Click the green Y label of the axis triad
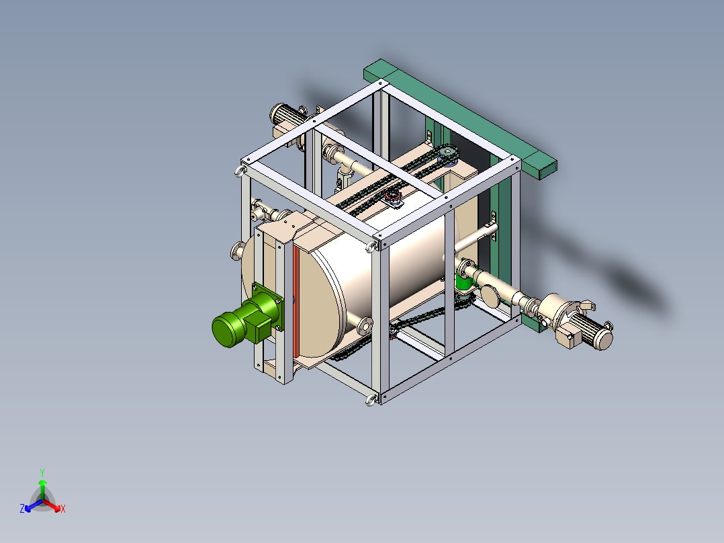(42, 472)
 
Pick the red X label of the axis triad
(63, 509)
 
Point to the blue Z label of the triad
(21, 509)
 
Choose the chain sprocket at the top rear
(447, 155)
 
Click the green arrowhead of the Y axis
(42, 483)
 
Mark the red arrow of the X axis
(56, 506)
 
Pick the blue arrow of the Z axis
(30, 506)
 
